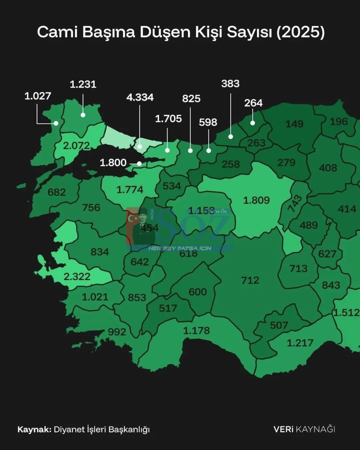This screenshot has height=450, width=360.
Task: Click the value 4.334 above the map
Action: coord(140,97)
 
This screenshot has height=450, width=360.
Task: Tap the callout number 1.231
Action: coord(83,84)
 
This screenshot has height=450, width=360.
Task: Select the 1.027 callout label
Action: coord(38,96)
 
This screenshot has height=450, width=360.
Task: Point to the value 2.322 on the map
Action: coord(77,276)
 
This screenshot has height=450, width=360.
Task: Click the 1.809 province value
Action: coord(256,200)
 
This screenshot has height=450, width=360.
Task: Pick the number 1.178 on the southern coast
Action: coord(197,330)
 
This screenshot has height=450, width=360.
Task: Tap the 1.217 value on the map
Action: coord(300,343)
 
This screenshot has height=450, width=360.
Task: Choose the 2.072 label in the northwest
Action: coord(76,146)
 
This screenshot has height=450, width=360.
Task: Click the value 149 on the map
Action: coord(294,124)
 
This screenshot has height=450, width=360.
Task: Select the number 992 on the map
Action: coord(117,332)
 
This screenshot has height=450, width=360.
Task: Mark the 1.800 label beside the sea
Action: coord(113,163)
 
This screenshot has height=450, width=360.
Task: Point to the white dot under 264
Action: coord(253,123)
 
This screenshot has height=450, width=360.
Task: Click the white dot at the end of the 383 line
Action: coord(231,137)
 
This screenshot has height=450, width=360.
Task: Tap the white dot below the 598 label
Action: coord(209,151)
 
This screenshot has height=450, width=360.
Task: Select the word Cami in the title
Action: coord(57,32)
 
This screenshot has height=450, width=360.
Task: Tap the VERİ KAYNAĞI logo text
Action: coord(304,429)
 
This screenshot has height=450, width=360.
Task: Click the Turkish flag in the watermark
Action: coord(133,219)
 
